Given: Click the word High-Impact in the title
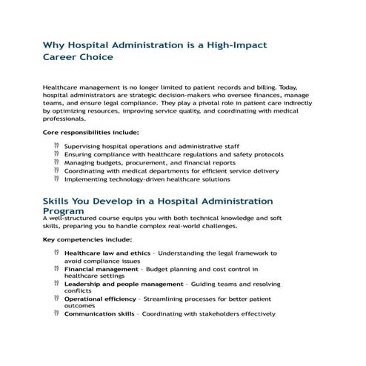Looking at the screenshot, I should tap(230, 46).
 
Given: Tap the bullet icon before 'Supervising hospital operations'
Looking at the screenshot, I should tap(57, 146).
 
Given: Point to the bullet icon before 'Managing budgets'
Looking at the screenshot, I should tap(57, 162).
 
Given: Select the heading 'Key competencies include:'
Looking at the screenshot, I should tap(87, 239).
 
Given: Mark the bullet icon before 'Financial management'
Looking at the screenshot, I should tap(57, 268).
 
